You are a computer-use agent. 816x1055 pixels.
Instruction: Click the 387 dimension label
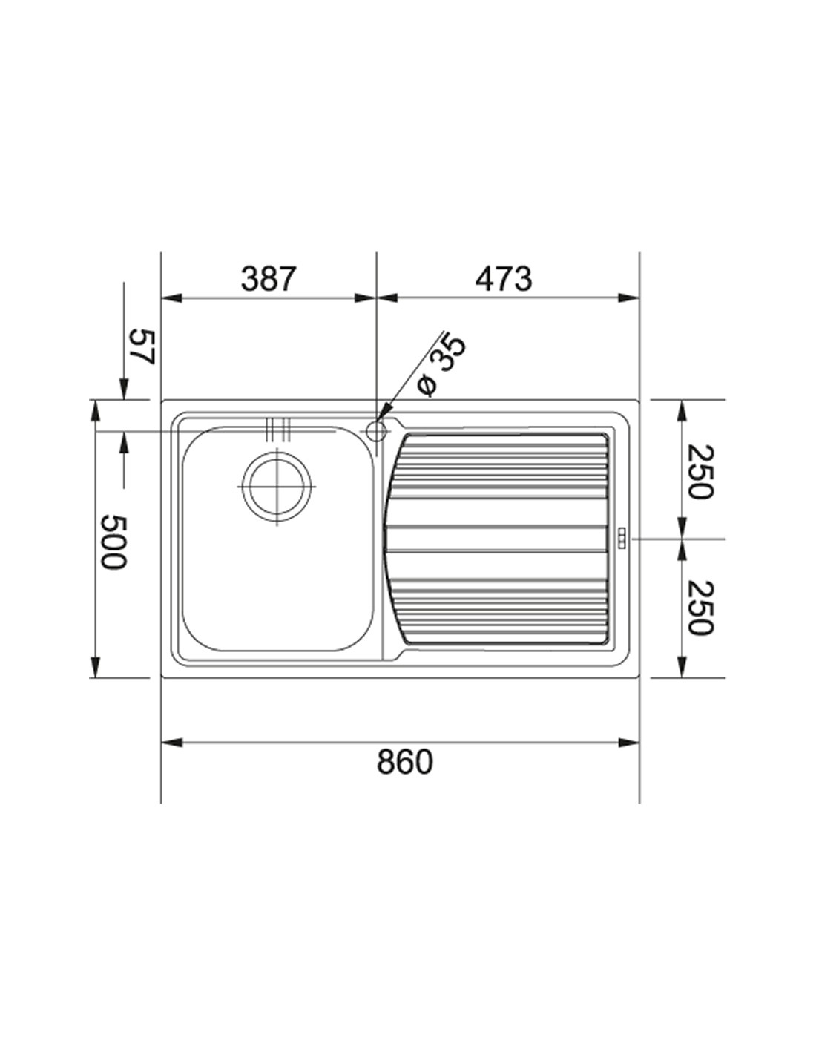pos(268,279)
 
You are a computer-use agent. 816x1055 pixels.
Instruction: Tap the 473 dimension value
pos(504,279)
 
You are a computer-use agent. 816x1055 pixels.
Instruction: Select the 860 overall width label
pos(404,761)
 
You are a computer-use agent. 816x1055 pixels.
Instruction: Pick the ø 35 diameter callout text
pos(441,364)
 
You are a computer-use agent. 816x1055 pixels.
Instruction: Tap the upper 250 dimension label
pos(702,471)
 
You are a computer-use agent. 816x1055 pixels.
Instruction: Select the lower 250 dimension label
pos(702,608)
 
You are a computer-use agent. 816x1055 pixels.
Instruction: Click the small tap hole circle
pos(375,430)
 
